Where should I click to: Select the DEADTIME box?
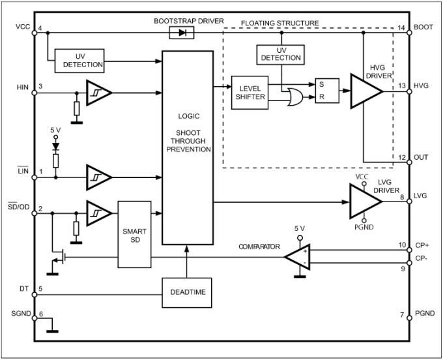pyautogui.click(x=186, y=292)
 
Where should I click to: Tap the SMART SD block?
pyautogui.click(x=134, y=234)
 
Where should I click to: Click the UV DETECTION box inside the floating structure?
pyautogui.click(x=281, y=53)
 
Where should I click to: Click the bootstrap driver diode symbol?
pyautogui.click(x=178, y=32)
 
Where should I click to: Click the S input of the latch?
pyautogui.click(x=320, y=84)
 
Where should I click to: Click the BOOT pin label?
pyautogui.click(x=423, y=28)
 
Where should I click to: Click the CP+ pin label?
pyautogui.click(x=422, y=245)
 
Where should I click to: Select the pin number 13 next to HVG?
pyautogui.click(x=402, y=86)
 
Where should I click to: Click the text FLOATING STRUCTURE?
pyautogui.click(x=280, y=23)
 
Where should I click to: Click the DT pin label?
pyautogui.click(x=24, y=288)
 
